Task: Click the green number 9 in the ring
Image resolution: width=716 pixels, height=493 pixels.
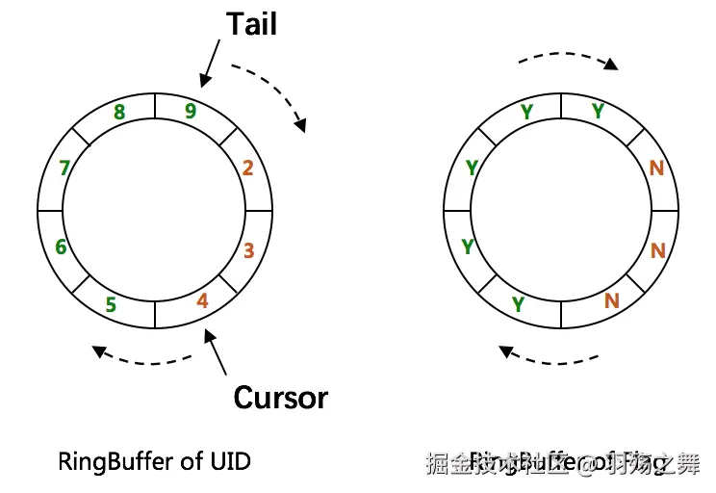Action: (x=191, y=111)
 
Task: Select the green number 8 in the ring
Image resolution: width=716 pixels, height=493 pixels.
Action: (x=119, y=113)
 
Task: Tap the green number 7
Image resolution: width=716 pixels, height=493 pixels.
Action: (x=64, y=169)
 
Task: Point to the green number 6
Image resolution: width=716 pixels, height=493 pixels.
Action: (x=61, y=247)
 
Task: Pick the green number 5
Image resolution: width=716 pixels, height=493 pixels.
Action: (x=111, y=305)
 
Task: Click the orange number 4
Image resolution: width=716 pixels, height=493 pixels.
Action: (x=202, y=301)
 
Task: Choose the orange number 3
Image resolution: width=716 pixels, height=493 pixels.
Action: (x=248, y=251)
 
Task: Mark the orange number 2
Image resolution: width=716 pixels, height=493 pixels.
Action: (x=247, y=169)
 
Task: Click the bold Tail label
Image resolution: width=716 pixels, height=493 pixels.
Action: (x=252, y=25)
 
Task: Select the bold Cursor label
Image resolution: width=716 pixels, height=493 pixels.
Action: (x=280, y=397)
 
